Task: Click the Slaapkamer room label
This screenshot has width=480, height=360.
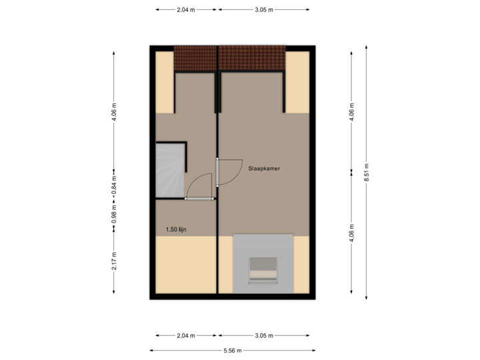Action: pyautogui.click(x=263, y=169)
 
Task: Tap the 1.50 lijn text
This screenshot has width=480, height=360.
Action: pyautogui.click(x=176, y=230)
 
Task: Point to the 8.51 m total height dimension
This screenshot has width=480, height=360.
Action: pyautogui.click(x=366, y=167)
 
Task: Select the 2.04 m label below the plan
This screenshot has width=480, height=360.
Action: pyautogui.click(x=185, y=335)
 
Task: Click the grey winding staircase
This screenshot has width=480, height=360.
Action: pyautogui.click(x=169, y=170)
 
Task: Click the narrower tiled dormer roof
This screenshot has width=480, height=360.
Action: pyautogui.click(x=195, y=59)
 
